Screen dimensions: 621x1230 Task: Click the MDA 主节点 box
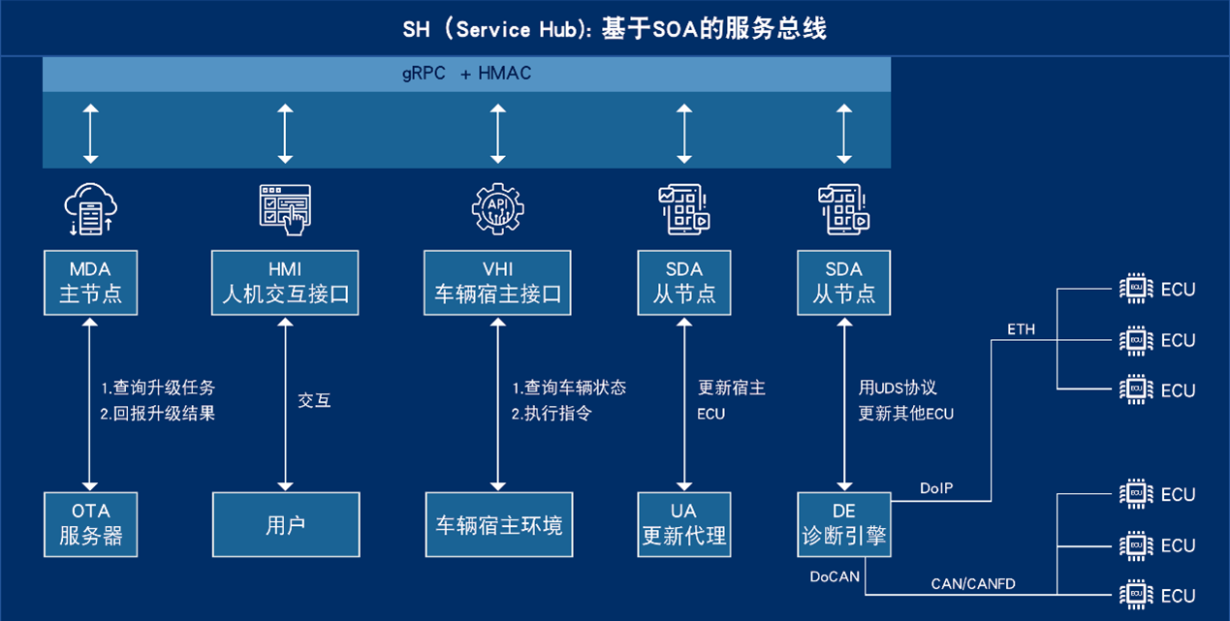(x=90, y=282)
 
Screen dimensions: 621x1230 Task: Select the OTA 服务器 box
(x=90, y=524)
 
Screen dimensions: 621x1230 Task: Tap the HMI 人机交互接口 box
(x=285, y=282)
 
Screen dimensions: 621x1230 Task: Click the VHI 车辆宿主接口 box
(x=497, y=282)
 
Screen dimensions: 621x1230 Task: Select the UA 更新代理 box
(x=684, y=524)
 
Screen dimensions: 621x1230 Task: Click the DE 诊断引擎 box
(x=843, y=524)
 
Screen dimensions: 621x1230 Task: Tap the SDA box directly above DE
(x=843, y=282)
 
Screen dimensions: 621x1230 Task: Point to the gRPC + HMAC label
(x=467, y=74)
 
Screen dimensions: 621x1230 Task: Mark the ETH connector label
(x=1021, y=329)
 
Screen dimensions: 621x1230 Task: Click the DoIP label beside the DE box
(x=936, y=488)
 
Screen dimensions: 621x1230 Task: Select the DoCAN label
(x=835, y=576)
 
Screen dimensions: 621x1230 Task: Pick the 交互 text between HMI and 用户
(x=314, y=400)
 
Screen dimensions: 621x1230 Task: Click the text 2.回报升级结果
(x=158, y=414)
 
